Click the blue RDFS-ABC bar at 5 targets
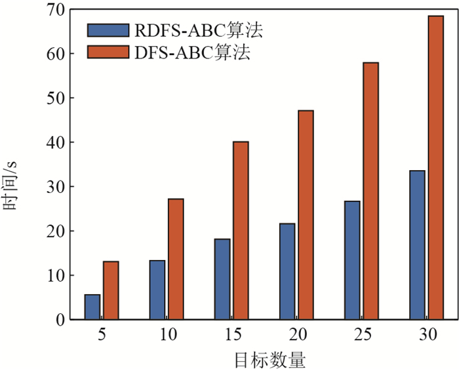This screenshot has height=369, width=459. (x=92, y=307)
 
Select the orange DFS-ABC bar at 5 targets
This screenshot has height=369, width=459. (x=111, y=291)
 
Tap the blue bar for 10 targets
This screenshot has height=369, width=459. (x=157, y=290)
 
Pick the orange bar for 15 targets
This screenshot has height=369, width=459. (x=241, y=230)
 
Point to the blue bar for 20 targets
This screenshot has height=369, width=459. (x=287, y=272)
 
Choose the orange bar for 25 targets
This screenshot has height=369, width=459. (x=370, y=191)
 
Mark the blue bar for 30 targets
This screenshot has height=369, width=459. (x=417, y=245)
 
